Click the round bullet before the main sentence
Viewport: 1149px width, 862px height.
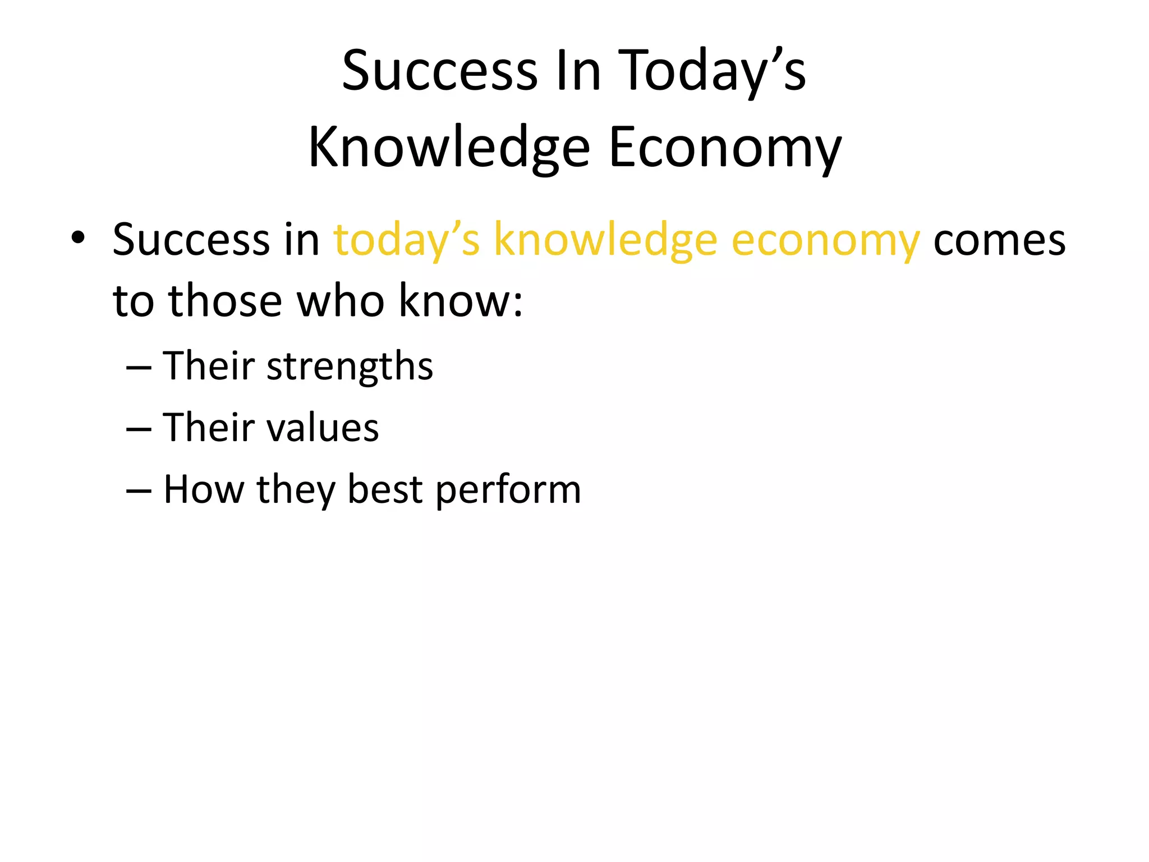click(78, 238)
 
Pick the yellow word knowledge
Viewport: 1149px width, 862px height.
click(605, 241)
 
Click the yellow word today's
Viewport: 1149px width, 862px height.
click(407, 241)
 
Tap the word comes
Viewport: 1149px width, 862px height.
click(999, 241)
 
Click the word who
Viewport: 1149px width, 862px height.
click(339, 301)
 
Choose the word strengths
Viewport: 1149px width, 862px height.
click(350, 366)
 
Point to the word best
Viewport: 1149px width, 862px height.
click(384, 489)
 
